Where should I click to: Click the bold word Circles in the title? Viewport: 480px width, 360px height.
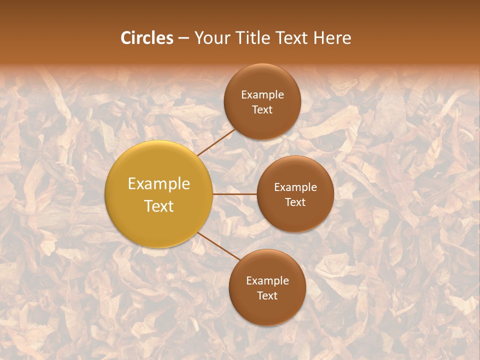[x=147, y=38]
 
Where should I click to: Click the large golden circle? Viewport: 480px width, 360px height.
[x=159, y=165]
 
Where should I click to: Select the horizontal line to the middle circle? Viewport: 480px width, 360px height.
[x=235, y=194]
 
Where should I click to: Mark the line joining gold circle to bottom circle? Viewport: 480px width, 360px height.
[x=219, y=246]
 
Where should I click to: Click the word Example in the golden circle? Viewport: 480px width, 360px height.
[x=159, y=184]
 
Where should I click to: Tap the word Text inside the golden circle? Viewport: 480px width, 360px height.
[x=159, y=206]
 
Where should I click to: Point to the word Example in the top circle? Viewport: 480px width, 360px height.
[x=262, y=95]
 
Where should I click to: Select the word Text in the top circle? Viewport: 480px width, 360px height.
[x=262, y=109]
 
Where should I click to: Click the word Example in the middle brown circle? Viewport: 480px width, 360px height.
[x=295, y=187]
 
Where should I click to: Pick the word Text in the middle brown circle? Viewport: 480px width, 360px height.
[x=295, y=202]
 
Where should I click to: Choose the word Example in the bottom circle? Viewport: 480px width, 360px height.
[x=267, y=281]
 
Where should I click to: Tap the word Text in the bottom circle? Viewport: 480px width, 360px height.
[x=267, y=295]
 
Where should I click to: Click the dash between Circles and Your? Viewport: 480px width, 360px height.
[x=183, y=38]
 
